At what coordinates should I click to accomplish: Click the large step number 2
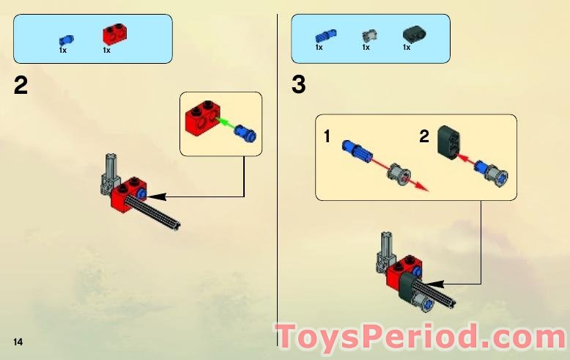pyautogui.click(x=21, y=86)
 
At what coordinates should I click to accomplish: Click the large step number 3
pyautogui.click(x=298, y=85)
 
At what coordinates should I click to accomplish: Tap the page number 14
pyautogui.click(x=18, y=342)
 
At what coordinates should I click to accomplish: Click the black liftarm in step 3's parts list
pyautogui.click(x=413, y=34)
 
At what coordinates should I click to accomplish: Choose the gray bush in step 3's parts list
pyautogui.click(x=368, y=35)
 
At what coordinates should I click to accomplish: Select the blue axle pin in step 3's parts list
pyautogui.click(x=323, y=34)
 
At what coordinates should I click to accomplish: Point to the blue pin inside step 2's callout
pyautogui.click(x=248, y=135)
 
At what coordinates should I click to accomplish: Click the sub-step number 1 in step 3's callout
pyautogui.click(x=328, y=136)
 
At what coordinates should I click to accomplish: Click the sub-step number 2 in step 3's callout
pyautogui.click(x=423, y=136)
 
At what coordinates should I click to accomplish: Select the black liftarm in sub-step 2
pyautogui.click(x=448, y=142)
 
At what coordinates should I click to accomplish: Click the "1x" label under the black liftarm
pyautogui.click(x=407, y=48)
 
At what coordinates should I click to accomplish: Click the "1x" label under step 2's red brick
pyautogui.click(x=106, y=51)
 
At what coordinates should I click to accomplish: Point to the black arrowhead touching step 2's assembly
pyautogui.click(x=155, y=196)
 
